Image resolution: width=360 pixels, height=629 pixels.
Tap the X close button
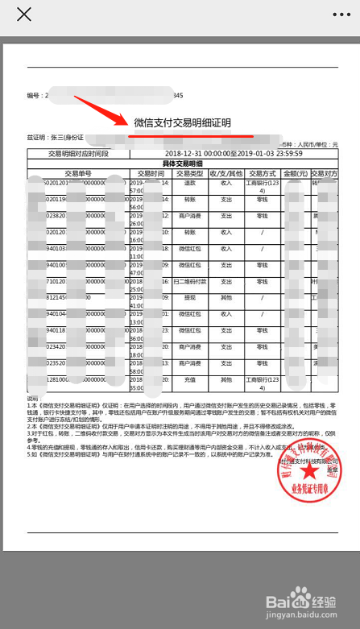24,15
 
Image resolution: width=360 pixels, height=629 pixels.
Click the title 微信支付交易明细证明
182,122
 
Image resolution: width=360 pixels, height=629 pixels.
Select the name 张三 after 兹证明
60,138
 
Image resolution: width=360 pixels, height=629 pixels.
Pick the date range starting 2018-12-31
234,152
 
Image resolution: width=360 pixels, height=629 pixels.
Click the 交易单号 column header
78,172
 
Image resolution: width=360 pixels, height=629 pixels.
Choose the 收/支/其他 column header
226,172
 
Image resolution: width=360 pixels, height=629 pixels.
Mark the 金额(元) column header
296,172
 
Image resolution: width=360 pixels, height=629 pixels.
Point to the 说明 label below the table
33,399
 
